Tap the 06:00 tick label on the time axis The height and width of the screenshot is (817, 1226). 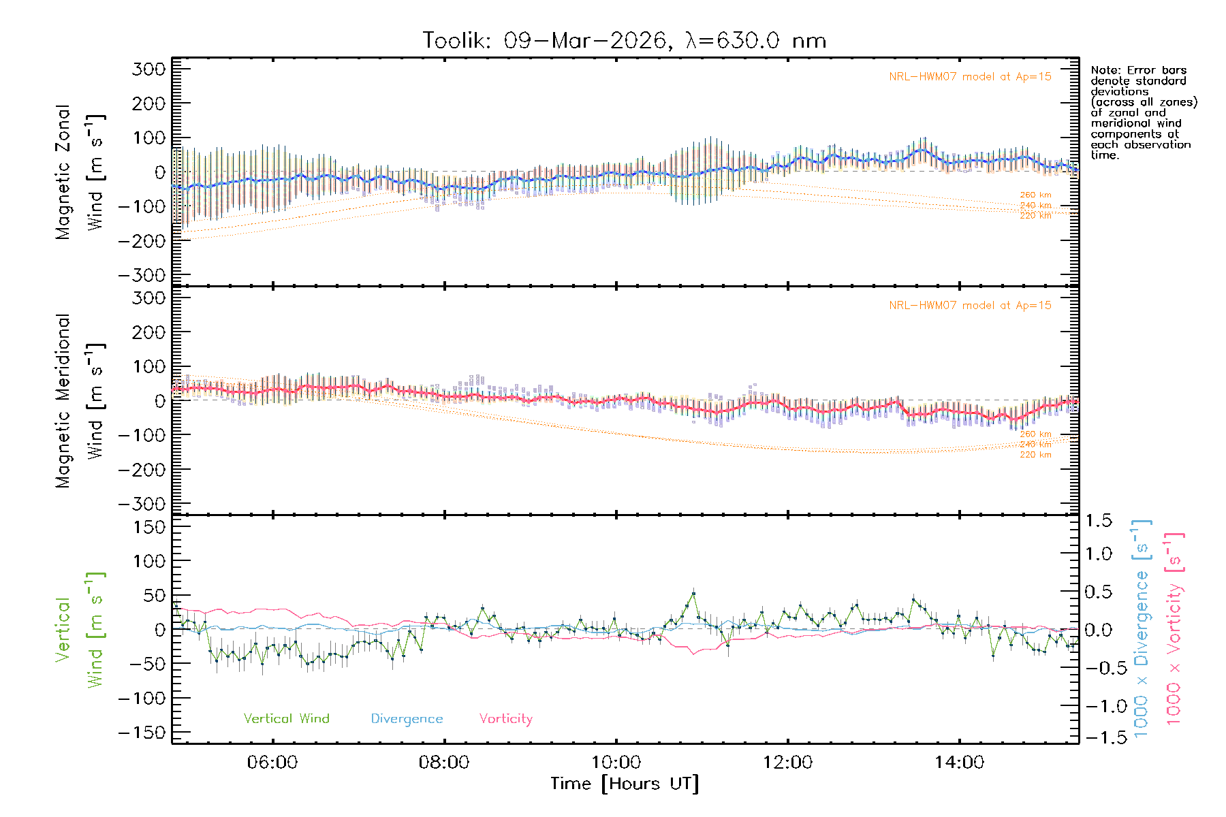coord(272,763)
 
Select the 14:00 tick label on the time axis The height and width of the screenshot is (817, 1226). coord(959,763)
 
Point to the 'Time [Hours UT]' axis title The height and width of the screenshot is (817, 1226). coord(625,784)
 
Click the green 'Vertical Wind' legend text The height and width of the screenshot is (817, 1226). coord(286,718)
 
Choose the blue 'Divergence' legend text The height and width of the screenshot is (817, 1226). coord(407,718)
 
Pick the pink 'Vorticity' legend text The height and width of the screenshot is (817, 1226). coord(505,718)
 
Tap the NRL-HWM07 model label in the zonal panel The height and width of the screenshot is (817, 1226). coord(970,77)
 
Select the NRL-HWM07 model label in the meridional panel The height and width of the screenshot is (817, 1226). coord(970,306)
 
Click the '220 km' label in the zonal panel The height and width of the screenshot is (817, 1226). coord(1035,216)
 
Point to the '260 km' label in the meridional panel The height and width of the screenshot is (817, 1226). coord(1035,434)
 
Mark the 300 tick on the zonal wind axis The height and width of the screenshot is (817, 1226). coord(149,69)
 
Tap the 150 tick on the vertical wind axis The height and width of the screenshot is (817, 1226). coord(149,527)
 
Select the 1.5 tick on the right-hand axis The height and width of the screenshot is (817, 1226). coord(1099,521)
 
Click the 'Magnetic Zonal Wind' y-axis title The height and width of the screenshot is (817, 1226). coord(78,172)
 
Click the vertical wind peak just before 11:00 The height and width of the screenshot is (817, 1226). coord(693,594)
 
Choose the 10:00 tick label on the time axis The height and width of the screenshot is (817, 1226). coord(616,763)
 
